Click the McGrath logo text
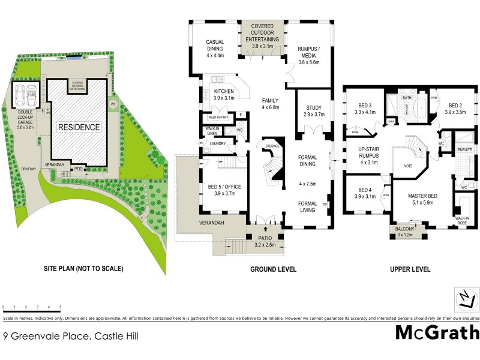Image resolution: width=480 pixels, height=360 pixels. [x=437, y=332]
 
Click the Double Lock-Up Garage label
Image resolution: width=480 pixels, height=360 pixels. [x=26, y=120]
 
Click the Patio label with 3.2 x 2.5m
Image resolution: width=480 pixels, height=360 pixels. [x=265, y=241]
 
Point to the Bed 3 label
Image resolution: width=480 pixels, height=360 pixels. [x=365, y=107]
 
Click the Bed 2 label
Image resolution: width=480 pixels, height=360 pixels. [x=455, y=107]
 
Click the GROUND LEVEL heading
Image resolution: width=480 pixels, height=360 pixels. [x=273, y=269]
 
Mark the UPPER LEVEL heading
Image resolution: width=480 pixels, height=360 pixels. [x=410, y=269]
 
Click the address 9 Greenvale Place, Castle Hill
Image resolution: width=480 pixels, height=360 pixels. [x=71, y=337]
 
